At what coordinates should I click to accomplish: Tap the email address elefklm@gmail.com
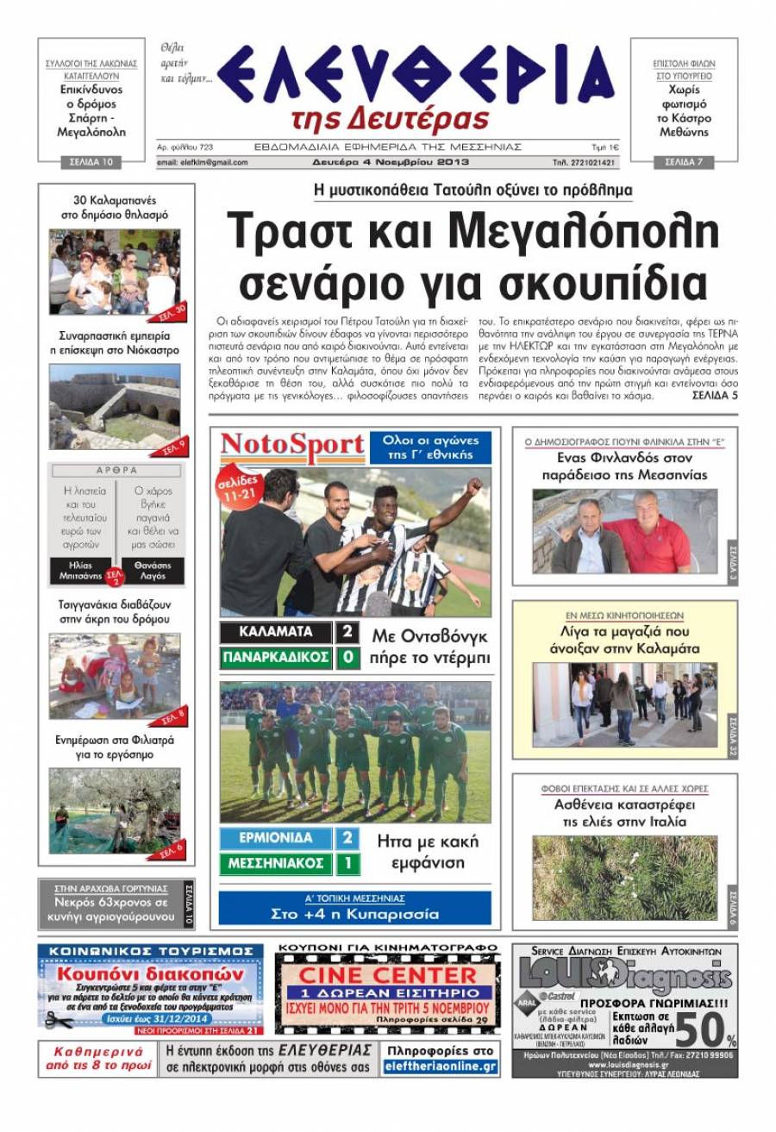pyautogui.click(x=203, y=162)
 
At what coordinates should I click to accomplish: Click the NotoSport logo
pyautogui.click(x=292, y=447)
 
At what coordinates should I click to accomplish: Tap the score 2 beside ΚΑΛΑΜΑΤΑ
pyautogui.click(x=346, y=632)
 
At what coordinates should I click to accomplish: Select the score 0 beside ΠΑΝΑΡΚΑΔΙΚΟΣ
pyautogui.click(x=346, y=658)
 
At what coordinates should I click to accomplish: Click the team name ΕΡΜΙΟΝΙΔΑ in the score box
pyautogui.click(x=276, y=838)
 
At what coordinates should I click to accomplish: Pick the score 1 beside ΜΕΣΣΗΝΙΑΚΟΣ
pyautogui.click(x=346, y=863)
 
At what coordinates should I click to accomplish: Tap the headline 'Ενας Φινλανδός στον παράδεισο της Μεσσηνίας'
pyautogui.click(x=624, y=466)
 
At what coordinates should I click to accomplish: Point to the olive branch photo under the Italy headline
pyautogui.click(x=624, y=877)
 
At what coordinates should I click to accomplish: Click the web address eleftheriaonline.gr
pyautogui.click(x=441, y=1067)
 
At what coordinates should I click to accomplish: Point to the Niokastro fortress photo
pyautogui.click(x=115, y=405)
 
